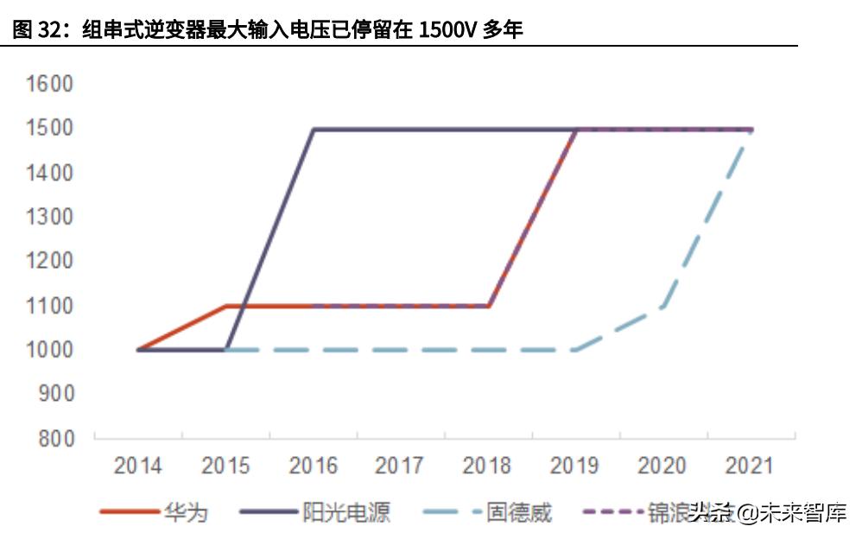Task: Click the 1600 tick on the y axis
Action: coord(50,85)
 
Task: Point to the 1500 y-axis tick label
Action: coord(50,129)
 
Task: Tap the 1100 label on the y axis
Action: coord(50,305)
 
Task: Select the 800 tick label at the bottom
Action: coord(56,438)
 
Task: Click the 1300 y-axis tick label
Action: coord(50,217)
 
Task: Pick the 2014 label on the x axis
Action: coord(138,466)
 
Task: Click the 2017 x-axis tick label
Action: coord(400,466)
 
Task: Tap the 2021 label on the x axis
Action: coord(749,466)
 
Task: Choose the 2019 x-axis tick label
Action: coord(574,466)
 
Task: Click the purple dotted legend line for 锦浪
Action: coord(612,512)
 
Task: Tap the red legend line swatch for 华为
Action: coord(129,512)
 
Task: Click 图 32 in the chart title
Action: coord(35,30)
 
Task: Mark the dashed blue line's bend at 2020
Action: coord(662,306)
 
